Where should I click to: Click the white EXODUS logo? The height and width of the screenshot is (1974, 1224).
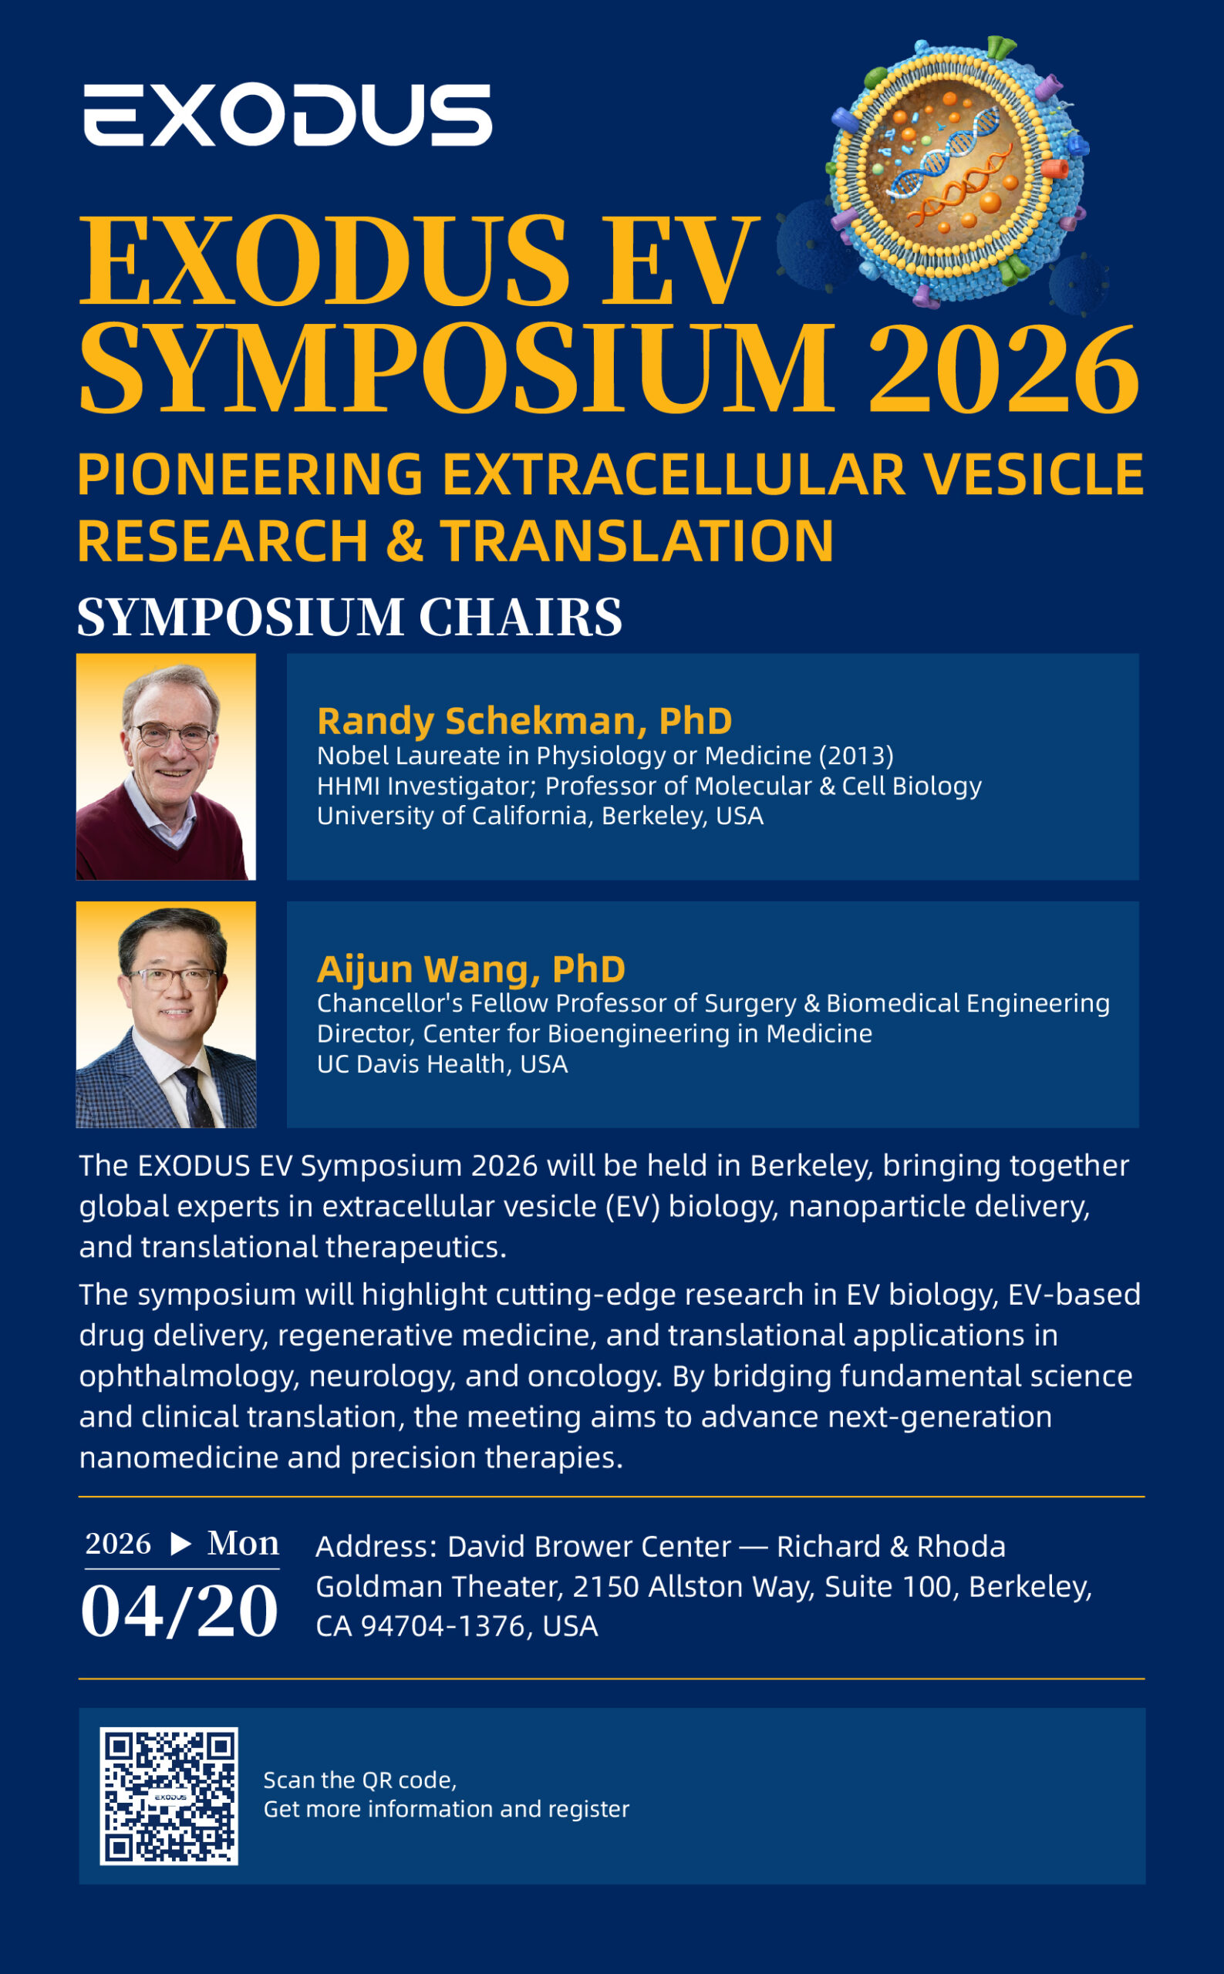pyautogui.click(x=288, y=115)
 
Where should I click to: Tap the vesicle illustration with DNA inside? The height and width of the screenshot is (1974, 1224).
pyautogui.click(x=958, y=170)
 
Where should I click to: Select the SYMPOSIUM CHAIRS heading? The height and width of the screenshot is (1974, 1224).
pyautogui.click(x=349, y=617)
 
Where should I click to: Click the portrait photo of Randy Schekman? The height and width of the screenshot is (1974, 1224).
pyautogui.click(x=166, y=766)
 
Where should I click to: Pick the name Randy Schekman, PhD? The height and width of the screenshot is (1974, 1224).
pyautogui.click(x=524, y=720)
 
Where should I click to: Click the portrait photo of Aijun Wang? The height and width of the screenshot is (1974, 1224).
pyautogui.click(x=166, y=1014)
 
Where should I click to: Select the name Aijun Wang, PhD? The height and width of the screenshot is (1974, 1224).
pyautogui.click(x=471, y=968)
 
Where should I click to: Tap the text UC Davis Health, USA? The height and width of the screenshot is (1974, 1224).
pyautogui.click(x=442, y=1063)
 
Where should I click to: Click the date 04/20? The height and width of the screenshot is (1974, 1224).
pyautogui.click(x=180, y=1612)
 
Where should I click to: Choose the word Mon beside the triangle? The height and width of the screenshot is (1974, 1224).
pyautogui.click(x=243, y=1543)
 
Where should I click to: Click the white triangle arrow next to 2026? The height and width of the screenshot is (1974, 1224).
pyautogui.click(x=181, y=1545)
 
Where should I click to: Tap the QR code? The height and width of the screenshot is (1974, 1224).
pyautogui.click(x=168, y=1797)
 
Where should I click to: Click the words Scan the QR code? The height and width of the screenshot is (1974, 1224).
pyautogui.click(x=359, y=1780)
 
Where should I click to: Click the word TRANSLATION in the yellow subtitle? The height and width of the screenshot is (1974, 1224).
pyautogui.click(x=637, y=541)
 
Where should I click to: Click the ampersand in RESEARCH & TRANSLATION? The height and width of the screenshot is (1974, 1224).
pyautogui.click(x=405, y=541)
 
